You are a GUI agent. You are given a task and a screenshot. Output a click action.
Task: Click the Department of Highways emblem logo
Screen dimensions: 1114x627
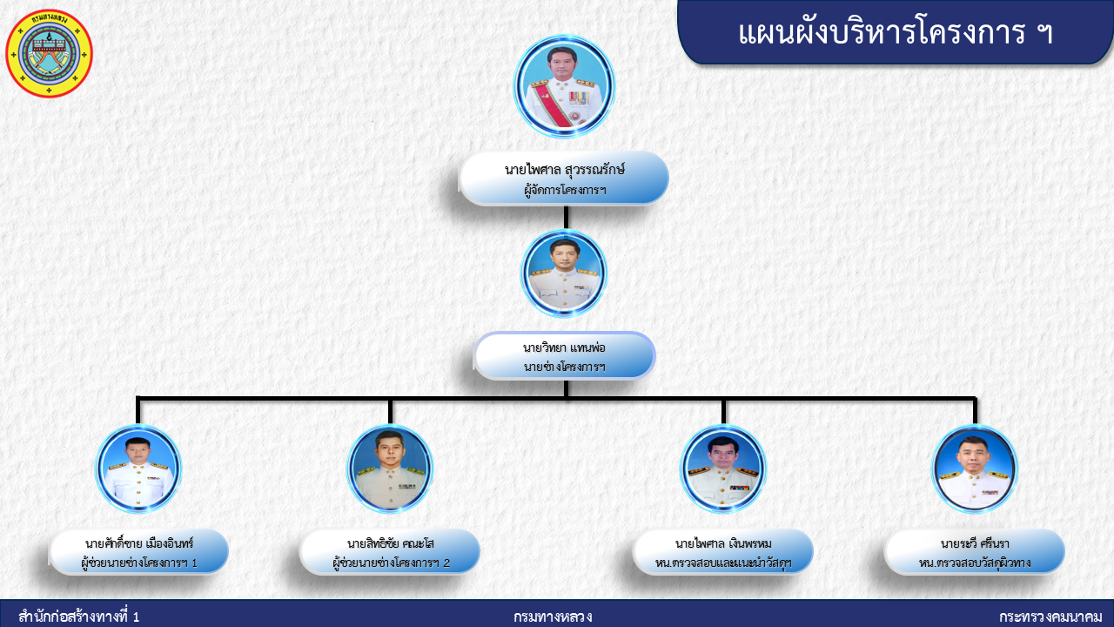tap(49, 53)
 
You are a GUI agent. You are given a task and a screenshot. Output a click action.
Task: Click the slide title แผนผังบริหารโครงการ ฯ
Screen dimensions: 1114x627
tap(896, 33)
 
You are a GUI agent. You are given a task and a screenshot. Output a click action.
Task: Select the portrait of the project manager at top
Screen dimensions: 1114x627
tap(564, 86)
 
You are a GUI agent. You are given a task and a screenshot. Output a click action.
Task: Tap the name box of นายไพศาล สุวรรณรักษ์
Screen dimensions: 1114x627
tap(564, 179)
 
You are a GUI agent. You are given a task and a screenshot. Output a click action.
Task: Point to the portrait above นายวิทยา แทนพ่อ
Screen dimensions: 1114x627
tap(564, 273)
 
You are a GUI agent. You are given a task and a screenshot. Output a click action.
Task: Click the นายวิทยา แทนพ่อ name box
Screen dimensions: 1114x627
tap(564, 356)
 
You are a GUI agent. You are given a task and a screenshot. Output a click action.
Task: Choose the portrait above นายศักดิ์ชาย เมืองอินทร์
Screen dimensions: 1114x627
tap(138, 469)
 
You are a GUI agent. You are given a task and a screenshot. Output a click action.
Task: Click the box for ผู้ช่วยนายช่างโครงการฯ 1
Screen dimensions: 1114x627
tap(138, 552)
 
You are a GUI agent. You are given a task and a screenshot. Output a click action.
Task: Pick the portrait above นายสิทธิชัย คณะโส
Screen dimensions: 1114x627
tap(390, 469)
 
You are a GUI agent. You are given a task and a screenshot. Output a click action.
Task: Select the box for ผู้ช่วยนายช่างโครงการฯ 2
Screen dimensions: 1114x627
tap(390, 552)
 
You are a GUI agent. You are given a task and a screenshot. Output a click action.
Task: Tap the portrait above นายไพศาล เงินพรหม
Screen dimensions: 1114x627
tap(723, 469)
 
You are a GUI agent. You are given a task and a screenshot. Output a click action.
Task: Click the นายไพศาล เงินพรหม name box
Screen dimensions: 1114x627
tap(723, 552)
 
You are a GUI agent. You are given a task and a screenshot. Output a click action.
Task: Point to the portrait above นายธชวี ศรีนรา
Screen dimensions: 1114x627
tap(975, 469)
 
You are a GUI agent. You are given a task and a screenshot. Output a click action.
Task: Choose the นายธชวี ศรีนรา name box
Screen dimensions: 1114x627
tap(975, 552)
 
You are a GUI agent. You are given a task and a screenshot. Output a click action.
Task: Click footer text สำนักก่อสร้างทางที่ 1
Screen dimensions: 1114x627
tap(78, 617)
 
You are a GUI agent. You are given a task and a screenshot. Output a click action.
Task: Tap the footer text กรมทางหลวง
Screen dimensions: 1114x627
tap(553, 617)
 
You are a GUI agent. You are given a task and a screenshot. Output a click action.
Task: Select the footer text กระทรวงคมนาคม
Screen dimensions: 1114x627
tap(1050, 617)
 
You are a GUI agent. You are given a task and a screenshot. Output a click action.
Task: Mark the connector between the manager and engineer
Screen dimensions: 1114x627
tap(566, 218)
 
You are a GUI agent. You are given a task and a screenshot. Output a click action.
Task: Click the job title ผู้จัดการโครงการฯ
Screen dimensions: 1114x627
tap(565, 190)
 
